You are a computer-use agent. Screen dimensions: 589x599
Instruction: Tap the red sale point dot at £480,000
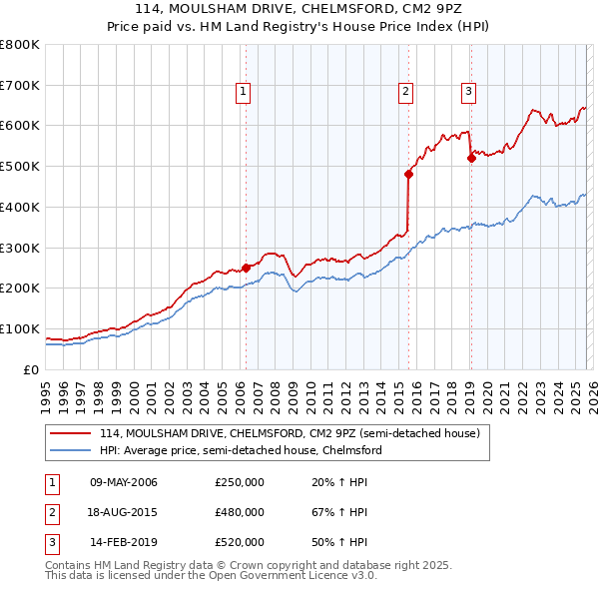[x=408, y=174]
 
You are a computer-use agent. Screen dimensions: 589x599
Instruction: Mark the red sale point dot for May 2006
[x=246, y=267]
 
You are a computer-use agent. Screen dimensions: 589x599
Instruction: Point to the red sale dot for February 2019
[x=470, y=157]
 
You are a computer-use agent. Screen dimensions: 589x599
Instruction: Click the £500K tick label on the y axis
[x=19, y=166]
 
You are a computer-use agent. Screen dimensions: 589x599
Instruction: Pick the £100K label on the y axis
[x=19, y=328]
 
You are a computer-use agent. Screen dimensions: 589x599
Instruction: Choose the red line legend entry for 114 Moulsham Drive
[x=290, y=433]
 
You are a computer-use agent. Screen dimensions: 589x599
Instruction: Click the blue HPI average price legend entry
[x=241, y=450]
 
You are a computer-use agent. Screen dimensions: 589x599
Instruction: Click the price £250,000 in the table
[x=239, y=482]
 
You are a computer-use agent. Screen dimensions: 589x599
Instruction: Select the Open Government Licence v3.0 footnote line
[x=212, y=576]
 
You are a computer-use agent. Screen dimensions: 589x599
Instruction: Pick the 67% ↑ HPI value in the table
[x=339, y=512]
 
